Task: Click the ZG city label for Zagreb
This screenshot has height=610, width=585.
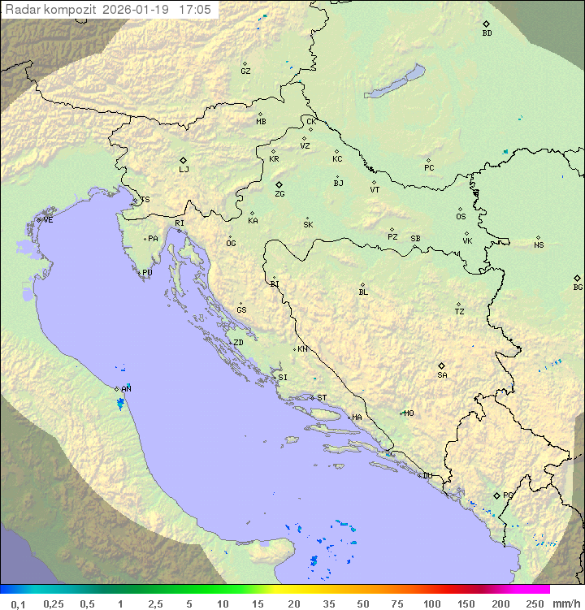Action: [x=279, y=194]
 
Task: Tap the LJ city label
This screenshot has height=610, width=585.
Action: [x=184, y=170]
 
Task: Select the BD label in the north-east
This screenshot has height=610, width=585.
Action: [x=487, y=33]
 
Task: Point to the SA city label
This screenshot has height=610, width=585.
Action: [x=442, y=375]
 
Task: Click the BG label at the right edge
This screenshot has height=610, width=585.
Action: [x=578, y=288]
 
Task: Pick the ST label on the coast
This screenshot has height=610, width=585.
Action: [x=322, y=398]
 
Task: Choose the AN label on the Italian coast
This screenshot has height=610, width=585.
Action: [x=126, y=390]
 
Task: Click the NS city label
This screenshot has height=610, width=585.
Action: [x=539, y=245]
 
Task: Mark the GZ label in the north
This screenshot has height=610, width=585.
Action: [x=245, y=71]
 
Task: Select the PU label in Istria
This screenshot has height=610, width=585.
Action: [x=147, y=273]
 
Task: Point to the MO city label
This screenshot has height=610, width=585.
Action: [x=409, y=413]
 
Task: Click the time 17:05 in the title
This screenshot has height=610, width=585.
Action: [x=194, y=10]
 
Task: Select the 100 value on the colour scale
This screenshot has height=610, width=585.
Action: [x=432, y=604]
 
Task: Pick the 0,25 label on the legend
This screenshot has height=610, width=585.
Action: [x=54, y=604]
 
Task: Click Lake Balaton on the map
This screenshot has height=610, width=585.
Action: [x=394, y=83]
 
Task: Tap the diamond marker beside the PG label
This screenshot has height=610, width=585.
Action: [x=497, y=495]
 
